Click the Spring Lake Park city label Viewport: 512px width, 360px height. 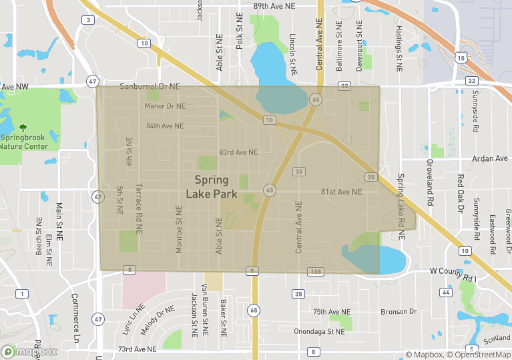point(211,186)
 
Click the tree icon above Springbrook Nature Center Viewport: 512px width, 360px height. point(24,127)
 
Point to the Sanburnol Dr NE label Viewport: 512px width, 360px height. point(150,87)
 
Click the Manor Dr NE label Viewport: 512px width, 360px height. point(165,106)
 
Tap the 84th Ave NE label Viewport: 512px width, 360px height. point(164,125)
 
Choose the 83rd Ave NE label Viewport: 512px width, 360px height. point(238,152)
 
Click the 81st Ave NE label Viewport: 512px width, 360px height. point(341,192)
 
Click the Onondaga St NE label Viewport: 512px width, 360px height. point(320,331)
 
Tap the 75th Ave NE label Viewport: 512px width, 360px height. point(331,312)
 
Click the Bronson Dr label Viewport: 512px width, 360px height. point(399,311)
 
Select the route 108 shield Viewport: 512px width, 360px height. point(316,271)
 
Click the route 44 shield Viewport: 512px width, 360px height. point(444,293)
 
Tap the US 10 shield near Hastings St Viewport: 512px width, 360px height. point(460,59)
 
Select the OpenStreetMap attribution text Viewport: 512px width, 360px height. point(479,355)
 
